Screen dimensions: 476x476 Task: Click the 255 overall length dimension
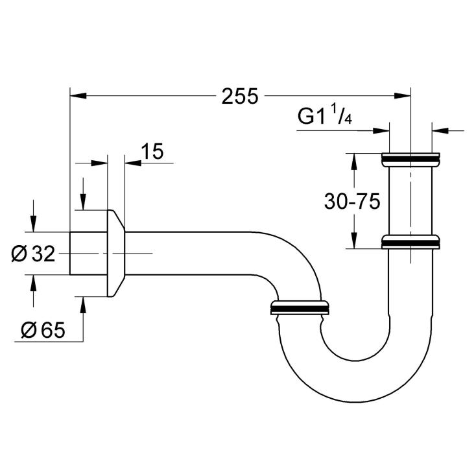[240, 96]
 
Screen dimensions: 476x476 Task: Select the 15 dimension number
[152, 151]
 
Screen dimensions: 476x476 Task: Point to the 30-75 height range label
[352, 201]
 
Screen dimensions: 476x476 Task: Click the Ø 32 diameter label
[33, 254]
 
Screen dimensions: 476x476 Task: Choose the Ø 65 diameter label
[43, 330]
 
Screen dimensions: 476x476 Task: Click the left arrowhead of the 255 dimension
[78, 95]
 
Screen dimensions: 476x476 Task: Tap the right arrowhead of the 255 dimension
[402, 95]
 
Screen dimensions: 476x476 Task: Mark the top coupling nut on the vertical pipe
[411, 160]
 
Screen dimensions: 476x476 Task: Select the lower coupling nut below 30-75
[411, 242]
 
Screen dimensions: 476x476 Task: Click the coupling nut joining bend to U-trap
[300, 308]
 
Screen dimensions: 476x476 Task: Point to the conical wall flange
[115, 253]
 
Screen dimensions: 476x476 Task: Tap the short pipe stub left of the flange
[88, 253]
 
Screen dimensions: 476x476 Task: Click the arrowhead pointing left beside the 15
[134, 163]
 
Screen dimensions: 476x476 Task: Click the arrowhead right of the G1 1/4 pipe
[440, 131]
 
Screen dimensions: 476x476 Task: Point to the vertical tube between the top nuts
[411, 200]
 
